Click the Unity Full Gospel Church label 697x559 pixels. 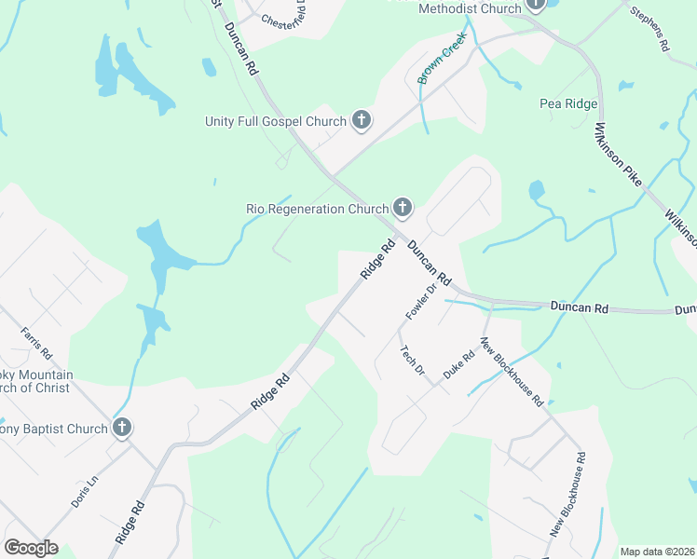(276, 121)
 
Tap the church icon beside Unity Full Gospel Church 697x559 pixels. (362, 120)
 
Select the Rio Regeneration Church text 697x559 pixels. (316, 209)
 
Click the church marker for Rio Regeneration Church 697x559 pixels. (402, 208)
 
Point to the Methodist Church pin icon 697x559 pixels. (536, 5)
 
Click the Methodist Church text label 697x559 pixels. (470, 8)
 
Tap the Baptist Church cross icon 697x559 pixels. (121, 428)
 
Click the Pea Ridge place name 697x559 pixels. (568, 103)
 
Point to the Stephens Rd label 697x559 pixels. (649, 29)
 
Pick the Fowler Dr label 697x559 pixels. (416, 297)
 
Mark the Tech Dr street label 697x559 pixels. (412, 361)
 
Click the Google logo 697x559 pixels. (31, 548)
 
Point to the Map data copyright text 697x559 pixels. (657, 552)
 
